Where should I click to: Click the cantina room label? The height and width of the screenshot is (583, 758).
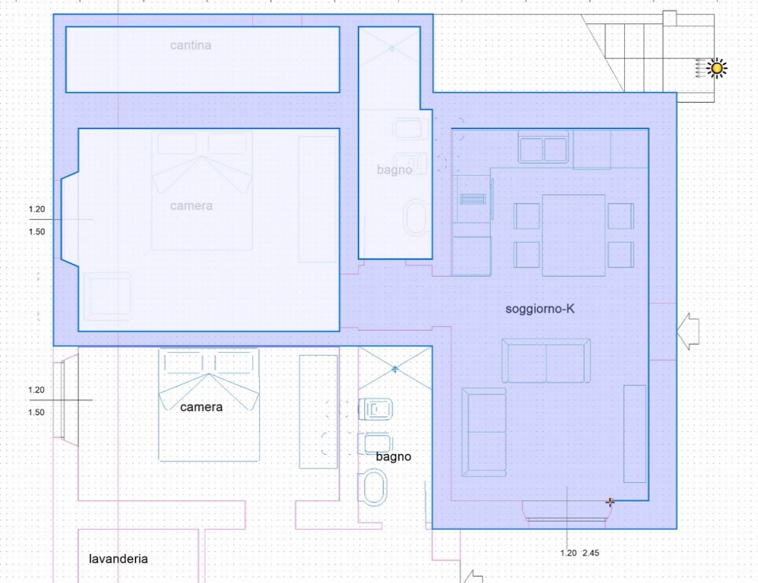(x=191, y=45)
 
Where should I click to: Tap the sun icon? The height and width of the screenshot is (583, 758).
(x=717, y=68)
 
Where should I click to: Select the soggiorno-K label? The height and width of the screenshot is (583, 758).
(x=539, y=309)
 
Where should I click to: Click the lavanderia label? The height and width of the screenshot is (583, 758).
(x=118, y=559)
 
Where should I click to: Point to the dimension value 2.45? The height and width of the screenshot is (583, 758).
(x=591, y=553)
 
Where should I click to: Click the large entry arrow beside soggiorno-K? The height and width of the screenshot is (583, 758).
(x=688, y=331)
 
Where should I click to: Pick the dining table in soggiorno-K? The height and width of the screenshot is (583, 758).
(x=573, y=236)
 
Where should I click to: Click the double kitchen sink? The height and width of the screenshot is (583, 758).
(x=543, y=149)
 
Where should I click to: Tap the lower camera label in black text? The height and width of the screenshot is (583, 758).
(x=201, y=407)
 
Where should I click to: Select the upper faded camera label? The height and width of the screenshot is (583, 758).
(x=191, y=206)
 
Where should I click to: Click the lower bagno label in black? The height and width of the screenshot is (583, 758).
(x=394, y=456)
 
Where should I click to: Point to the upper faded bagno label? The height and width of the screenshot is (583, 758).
(x=394, y=170)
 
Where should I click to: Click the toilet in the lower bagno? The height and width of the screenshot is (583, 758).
(x=373, y=487)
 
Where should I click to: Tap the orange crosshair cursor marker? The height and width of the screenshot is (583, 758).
(x=610, y=502)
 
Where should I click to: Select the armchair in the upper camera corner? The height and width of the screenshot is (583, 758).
(x=108, y=297)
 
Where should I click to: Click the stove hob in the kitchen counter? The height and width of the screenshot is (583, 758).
(x=472, y=199)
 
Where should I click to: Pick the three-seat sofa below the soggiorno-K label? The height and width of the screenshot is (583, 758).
(x=546, y=360)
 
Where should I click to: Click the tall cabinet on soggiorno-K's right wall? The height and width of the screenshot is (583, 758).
(x=634, y=434)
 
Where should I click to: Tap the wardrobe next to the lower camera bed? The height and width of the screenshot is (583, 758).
(x=318, y=412)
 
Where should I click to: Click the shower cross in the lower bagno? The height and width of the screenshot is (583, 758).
(x=395, y=369)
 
